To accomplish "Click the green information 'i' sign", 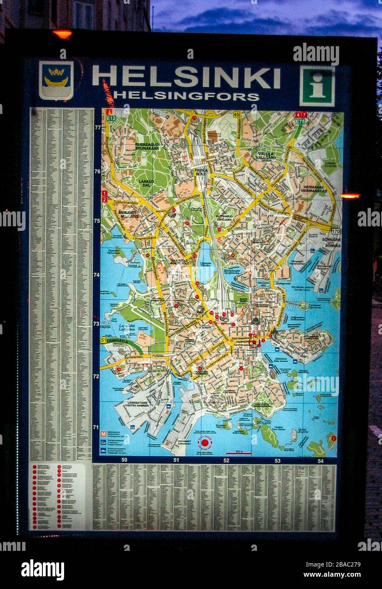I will pos(317,86).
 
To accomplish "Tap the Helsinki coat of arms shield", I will pos(56,80).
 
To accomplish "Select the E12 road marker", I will pos(111,119).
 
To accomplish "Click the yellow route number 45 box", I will pos(236,114).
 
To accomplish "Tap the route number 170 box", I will pos(336,231).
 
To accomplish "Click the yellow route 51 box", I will pos(103,340).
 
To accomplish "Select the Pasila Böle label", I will pos(201,172).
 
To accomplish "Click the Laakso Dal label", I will pos(145,183).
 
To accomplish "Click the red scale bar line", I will pos(239,454).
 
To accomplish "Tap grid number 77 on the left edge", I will pos(98,127).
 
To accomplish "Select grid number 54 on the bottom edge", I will pos(320,461).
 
